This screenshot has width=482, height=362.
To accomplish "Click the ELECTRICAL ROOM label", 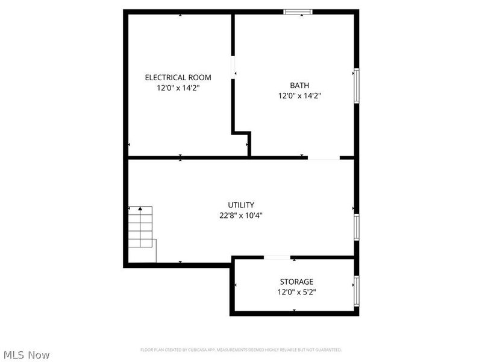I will coord(178,77).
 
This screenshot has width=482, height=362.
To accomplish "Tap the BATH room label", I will coord(299,85).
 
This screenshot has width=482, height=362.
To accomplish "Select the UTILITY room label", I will coord(241,205).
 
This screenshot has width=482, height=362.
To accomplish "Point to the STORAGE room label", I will coord(296,282).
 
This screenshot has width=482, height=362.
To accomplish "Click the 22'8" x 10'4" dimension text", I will coord(241,215).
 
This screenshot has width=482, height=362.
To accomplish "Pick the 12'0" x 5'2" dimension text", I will coord(296,292).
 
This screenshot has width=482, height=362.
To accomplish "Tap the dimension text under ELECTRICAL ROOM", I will coord(178,87).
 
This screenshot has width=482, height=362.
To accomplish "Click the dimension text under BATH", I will coord(299,95).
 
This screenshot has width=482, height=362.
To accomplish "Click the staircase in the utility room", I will coord(142,232).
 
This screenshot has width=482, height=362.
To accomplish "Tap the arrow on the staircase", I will coord(140,210).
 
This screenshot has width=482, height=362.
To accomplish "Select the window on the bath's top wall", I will coord(298,11).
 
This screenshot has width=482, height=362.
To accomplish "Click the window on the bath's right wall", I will coord(357,86).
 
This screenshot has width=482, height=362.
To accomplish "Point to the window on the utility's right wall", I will coord(357,227).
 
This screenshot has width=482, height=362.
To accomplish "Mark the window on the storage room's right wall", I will coord(357,291).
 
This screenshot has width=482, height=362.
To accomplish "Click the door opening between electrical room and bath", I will coord(233,66).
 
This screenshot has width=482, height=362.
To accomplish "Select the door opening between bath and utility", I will coord(324,158).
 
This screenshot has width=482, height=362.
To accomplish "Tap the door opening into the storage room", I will coord(277,258).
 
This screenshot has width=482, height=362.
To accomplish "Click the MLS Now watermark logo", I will coord(27,355).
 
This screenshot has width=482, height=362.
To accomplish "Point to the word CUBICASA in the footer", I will coord(193,349).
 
